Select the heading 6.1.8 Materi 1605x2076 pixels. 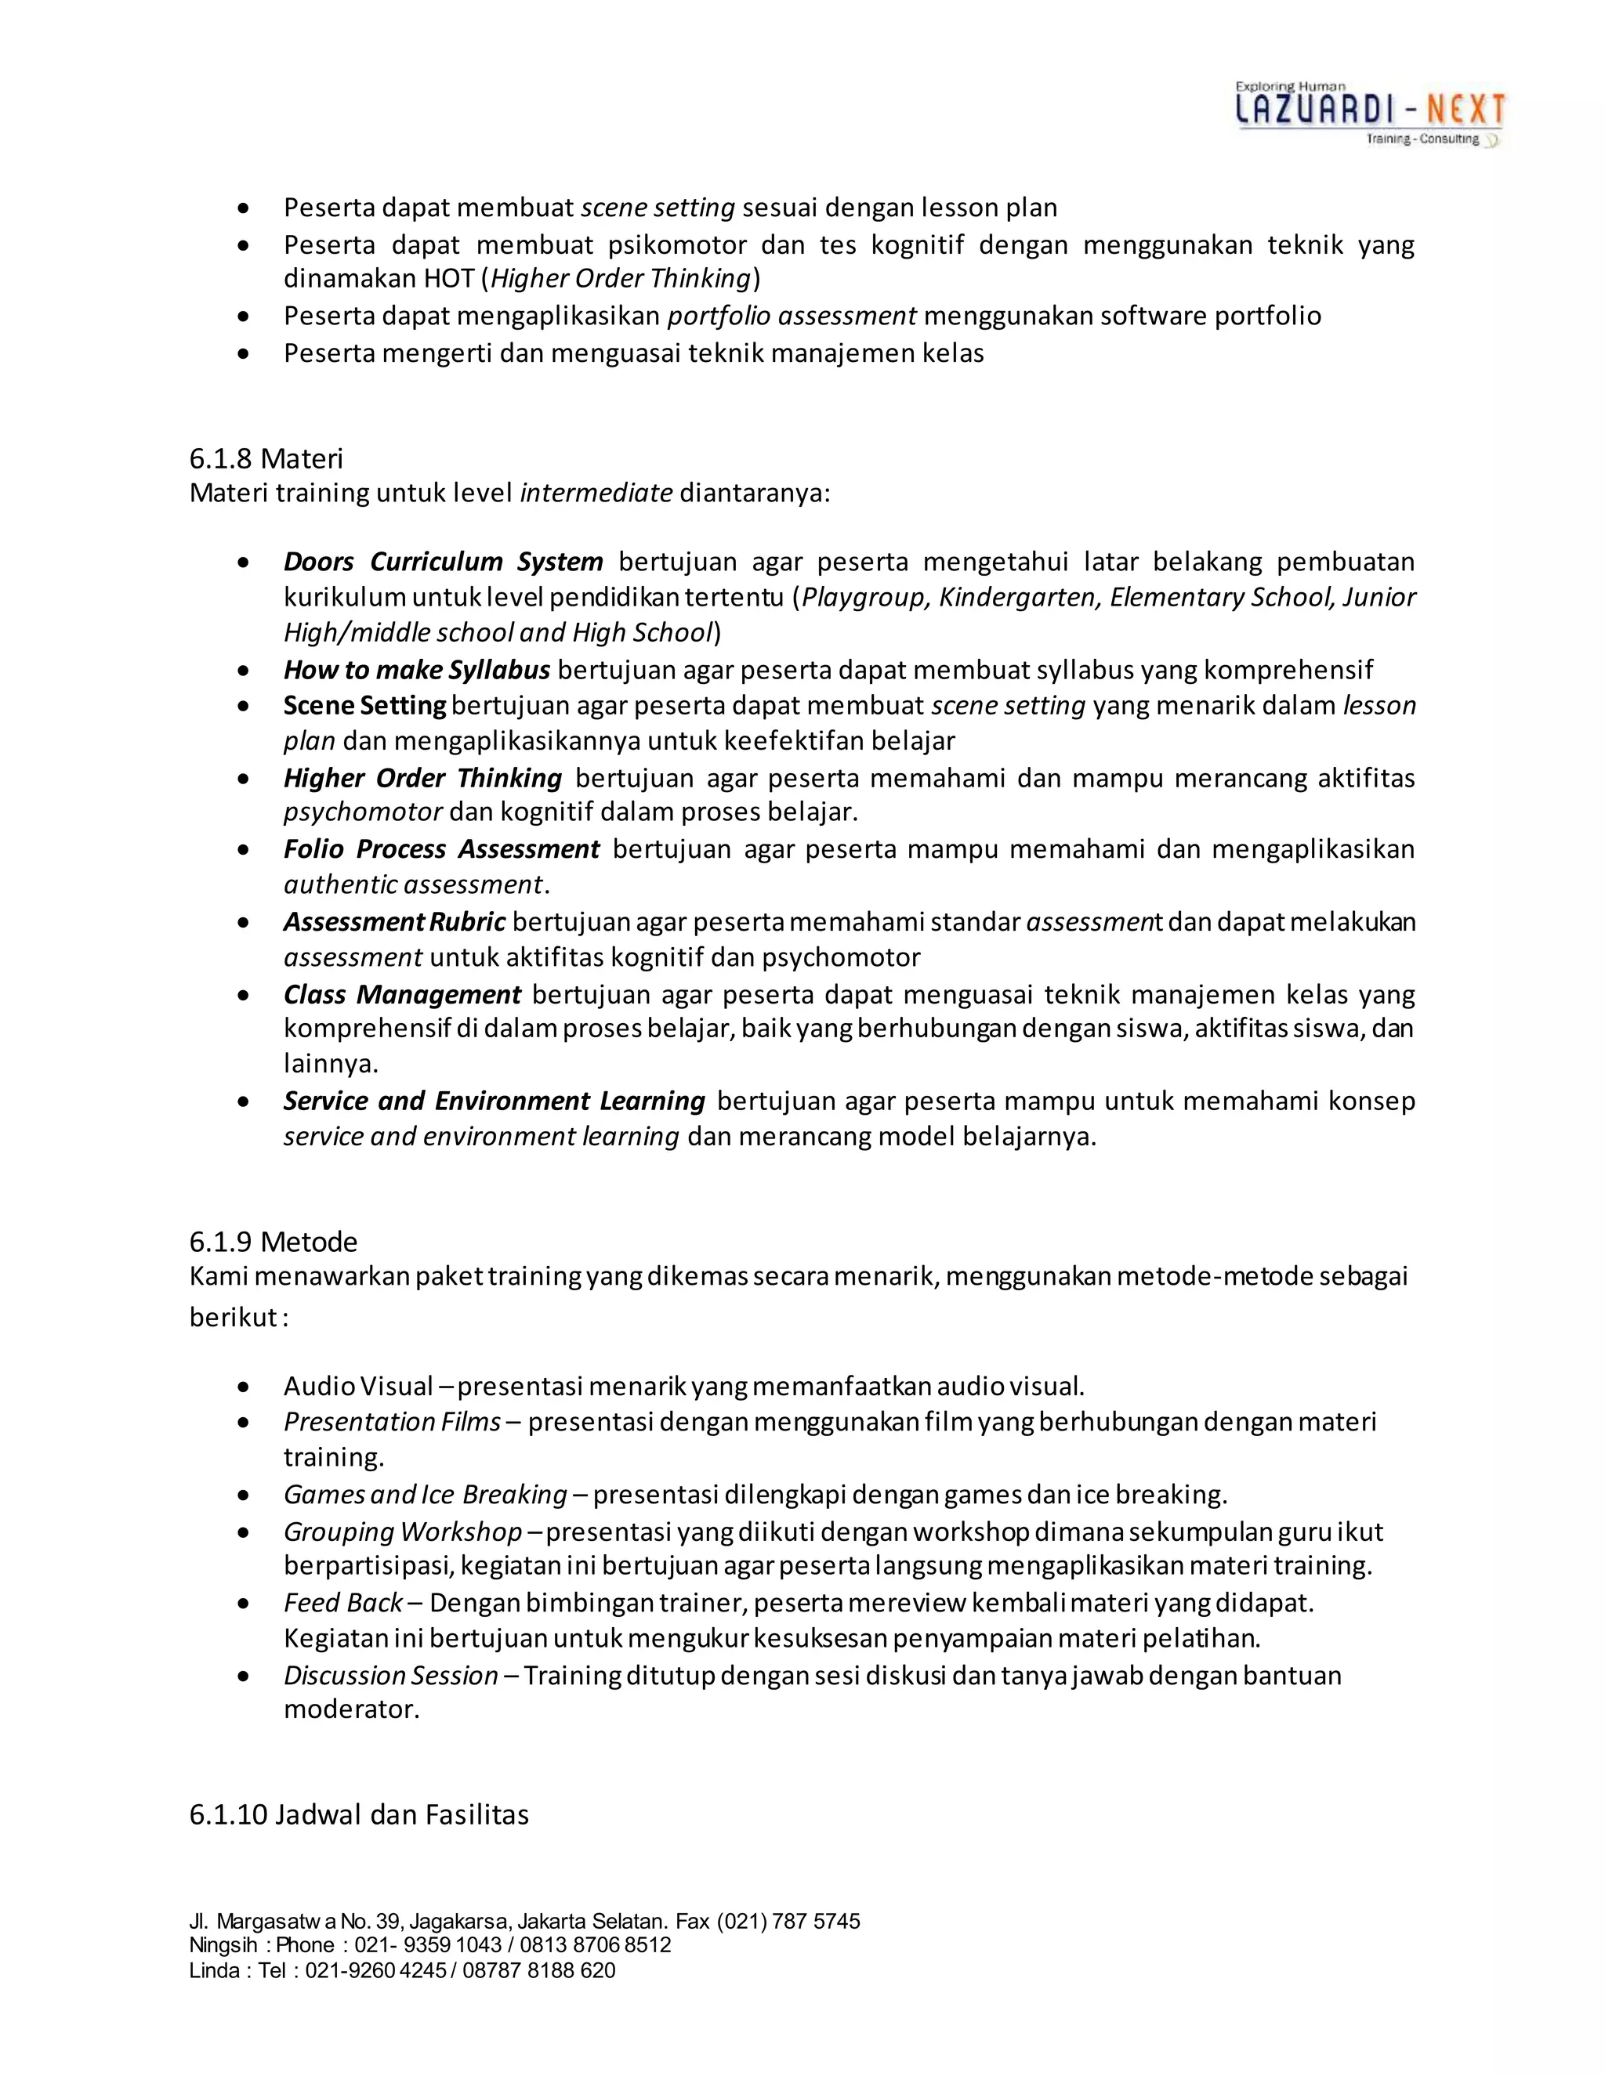[266, 459]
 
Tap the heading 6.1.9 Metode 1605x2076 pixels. [273, 1242]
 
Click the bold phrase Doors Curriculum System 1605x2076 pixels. [443, 562]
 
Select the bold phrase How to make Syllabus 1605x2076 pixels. [416, 670]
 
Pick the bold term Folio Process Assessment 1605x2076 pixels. [441, 849]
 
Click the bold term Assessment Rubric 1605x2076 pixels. [395, 922]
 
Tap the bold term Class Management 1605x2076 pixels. [401, 995]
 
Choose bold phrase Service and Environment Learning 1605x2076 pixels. [494, 1101]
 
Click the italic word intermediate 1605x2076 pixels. [596, 494]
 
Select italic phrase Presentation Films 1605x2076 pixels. [392, 1422]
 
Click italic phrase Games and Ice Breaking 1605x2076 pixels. [425, 1496]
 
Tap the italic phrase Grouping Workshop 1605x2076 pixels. [402, 1532]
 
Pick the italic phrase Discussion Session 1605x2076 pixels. [391, 1676]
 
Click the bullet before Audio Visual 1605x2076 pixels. [245, 1388]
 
